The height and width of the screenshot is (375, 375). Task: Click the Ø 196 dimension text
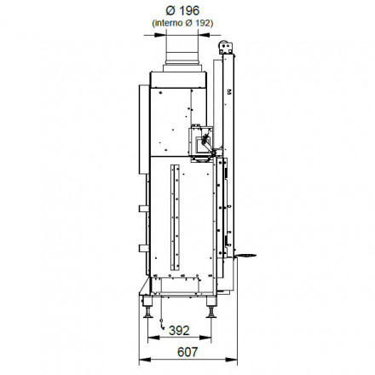click(182, 11)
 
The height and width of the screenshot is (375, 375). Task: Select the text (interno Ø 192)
click(182, 23)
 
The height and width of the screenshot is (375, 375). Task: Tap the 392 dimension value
click(179, 331)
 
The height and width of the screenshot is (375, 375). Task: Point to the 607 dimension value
click(187, 352)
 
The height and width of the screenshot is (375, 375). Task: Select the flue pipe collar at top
click(182, 57)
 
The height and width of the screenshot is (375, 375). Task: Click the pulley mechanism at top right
click(226, 47)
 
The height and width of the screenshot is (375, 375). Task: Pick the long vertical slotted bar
click(175, 217)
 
